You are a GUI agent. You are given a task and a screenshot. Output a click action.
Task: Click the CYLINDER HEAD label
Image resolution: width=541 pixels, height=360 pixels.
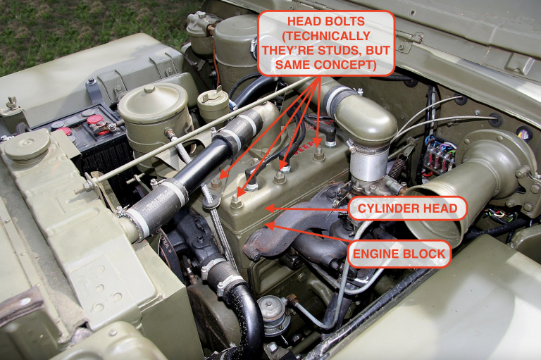tap(408, 209)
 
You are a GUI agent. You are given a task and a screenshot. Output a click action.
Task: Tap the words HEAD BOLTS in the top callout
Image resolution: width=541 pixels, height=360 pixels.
tap(325, 22)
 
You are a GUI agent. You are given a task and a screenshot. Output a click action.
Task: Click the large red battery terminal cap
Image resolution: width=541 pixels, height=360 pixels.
tap(95, 120)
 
